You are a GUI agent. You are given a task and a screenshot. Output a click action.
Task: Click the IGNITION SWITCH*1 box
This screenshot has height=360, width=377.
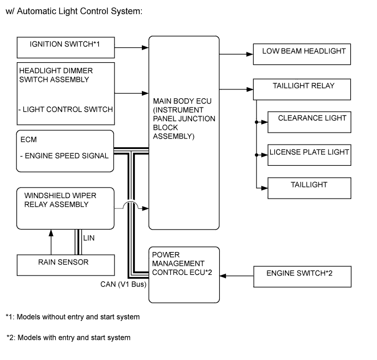66,47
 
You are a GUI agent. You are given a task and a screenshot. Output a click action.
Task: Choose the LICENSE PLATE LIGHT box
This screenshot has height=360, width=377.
308,154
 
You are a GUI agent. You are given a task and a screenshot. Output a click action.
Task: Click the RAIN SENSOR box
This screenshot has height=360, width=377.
66,265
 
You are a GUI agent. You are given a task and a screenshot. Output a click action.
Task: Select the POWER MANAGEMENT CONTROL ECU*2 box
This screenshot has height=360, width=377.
184,274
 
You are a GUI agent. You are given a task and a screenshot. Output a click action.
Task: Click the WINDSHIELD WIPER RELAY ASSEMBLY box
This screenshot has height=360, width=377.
66,208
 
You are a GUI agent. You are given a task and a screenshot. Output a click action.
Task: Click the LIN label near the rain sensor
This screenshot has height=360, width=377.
89,238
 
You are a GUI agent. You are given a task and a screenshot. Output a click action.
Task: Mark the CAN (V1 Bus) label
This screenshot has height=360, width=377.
123,284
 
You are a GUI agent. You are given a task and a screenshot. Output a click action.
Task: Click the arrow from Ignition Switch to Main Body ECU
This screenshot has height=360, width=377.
131,47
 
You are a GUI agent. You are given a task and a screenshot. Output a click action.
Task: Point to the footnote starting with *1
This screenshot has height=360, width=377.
73,317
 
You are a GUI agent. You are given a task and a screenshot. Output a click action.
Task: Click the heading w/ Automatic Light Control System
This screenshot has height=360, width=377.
74,11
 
